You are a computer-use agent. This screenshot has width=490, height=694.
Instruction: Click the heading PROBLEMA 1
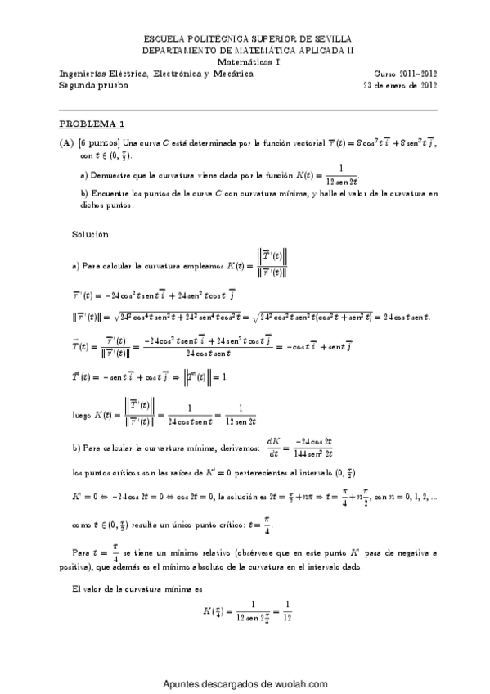pyautogui.click(x=92, y=124)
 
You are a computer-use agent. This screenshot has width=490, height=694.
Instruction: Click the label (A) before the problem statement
pyautogui.click(x=66, y=143)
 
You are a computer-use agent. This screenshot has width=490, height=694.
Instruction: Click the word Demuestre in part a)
pyautogui.click(x=110, y=175)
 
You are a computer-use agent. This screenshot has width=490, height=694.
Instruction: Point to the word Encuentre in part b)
pyautogui.click(x=110, y=195)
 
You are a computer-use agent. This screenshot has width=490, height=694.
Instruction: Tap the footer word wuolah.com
pyautogui.click(x=303, y=685)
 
